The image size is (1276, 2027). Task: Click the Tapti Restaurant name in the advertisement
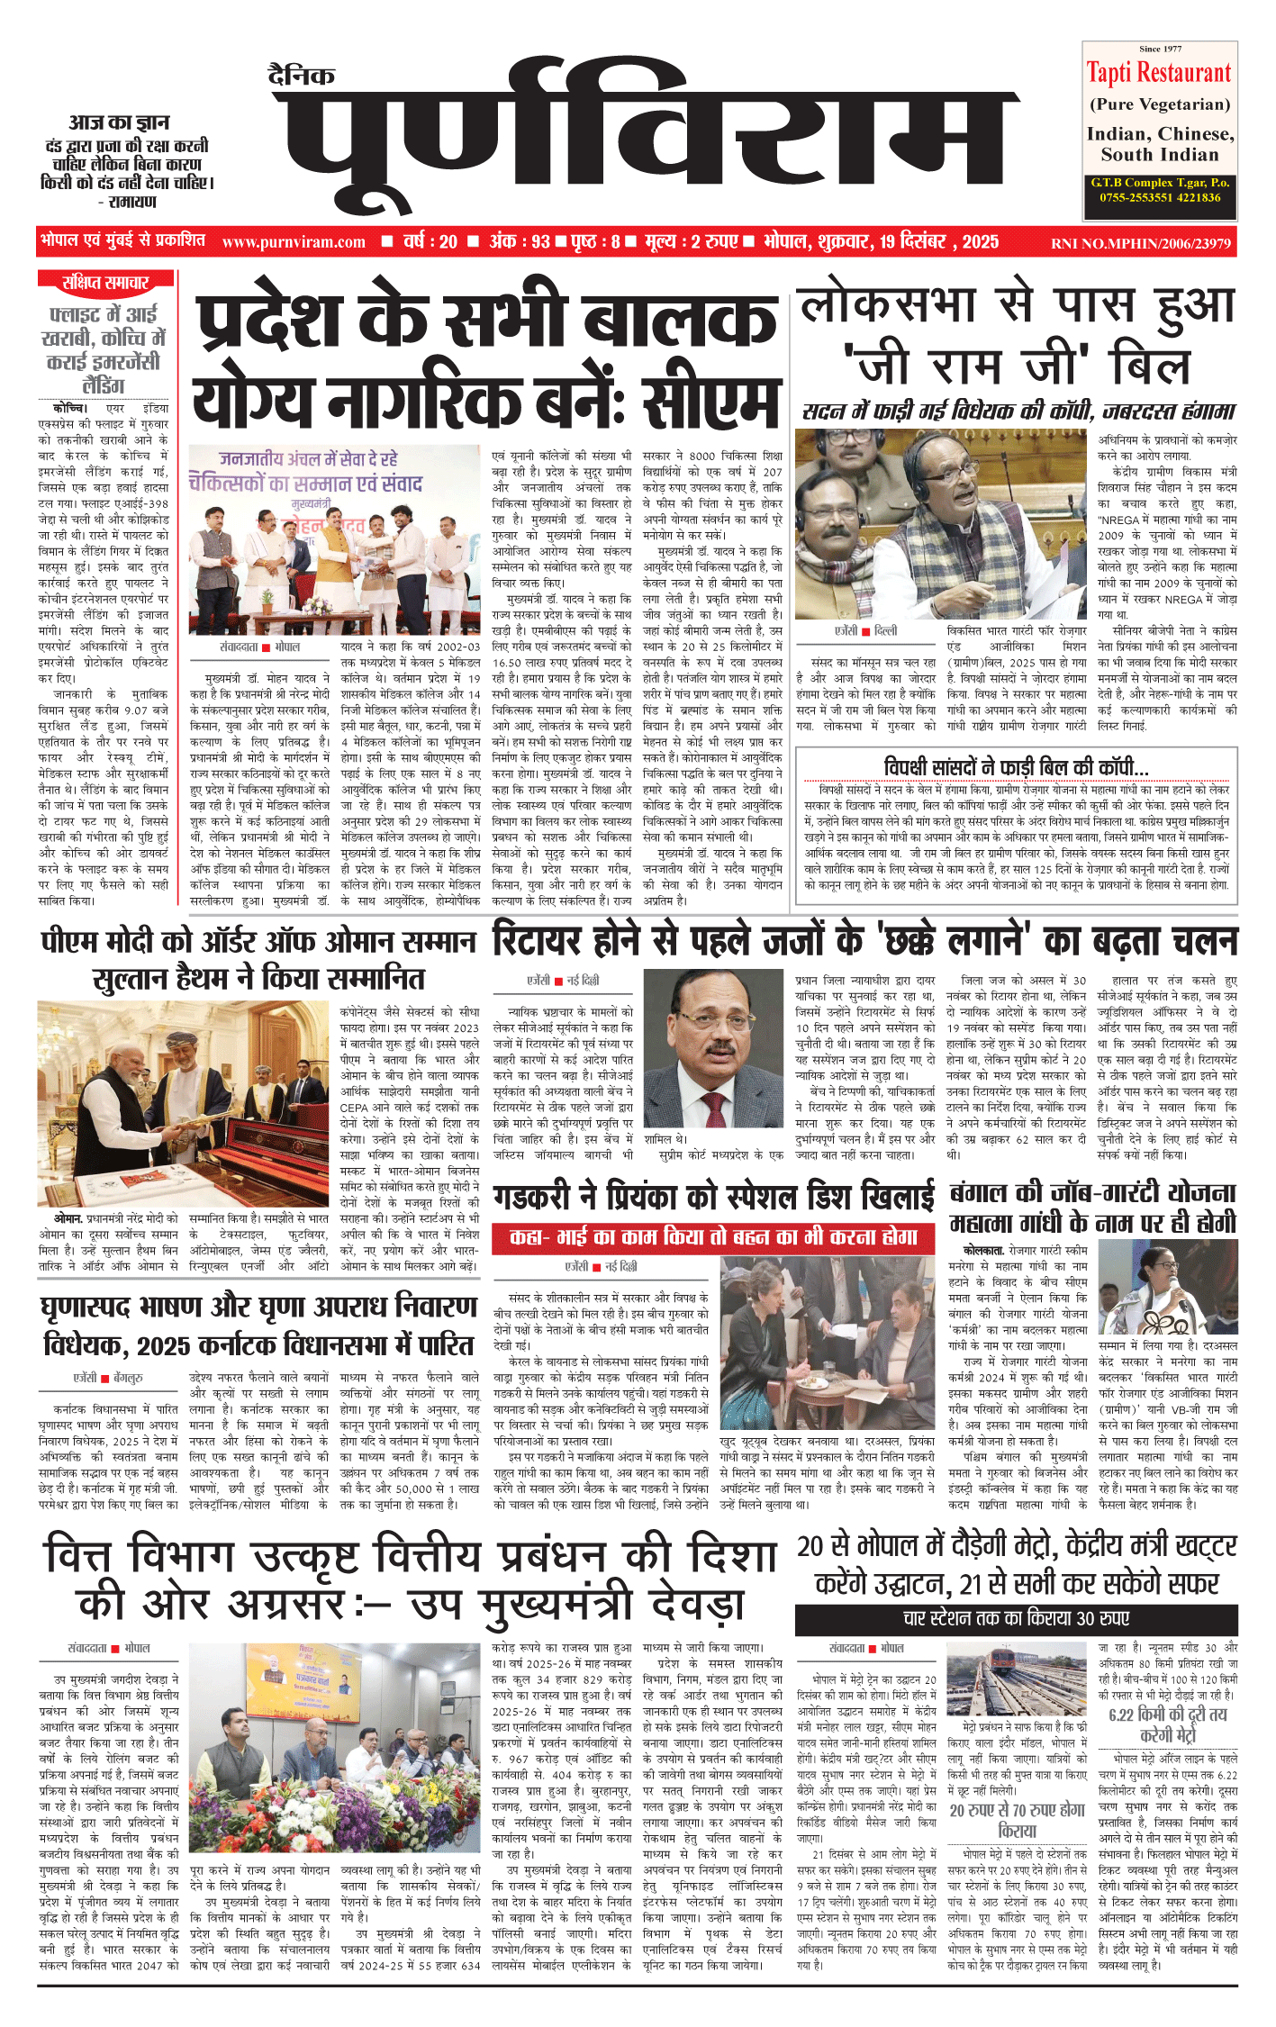[1159, 73]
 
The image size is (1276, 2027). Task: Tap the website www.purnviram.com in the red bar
[294, 242]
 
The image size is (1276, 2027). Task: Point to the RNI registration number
[1140, 243]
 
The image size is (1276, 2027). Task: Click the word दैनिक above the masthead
[302, 76]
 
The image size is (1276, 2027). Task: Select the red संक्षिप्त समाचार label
[105, 283]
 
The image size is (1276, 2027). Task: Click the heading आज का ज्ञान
[119, 122]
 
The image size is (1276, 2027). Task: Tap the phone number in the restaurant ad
[1160, 197]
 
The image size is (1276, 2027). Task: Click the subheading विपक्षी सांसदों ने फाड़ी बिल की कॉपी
[1016, 767]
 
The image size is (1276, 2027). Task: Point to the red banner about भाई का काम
[713, 1237]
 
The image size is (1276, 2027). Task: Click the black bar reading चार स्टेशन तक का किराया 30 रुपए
[1016, 1618]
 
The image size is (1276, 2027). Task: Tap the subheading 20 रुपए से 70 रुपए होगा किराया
[1017, 1820]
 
